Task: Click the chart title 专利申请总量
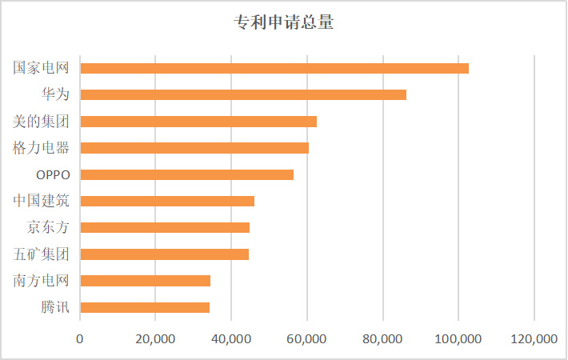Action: tap(284, 23)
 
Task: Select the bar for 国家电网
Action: tap(274, 68)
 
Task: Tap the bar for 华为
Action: tap(243, 94)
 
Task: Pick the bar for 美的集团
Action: tap(198, 122)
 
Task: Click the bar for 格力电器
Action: tap(194, 148)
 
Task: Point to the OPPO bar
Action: tap(187, 174)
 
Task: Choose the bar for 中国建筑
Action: tap(167, 201)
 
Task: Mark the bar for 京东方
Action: tap(165, 227)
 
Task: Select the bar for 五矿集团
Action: tap(165, 254)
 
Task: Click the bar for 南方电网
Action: tap(146, 280)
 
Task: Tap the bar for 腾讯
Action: tap(145, 307)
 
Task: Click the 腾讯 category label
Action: tap(55, 307)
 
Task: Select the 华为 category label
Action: tap(55, 94)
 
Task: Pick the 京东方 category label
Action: tap(48, 227)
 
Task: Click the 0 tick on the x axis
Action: tap(80, 339)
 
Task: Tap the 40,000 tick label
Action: tap(231, 339)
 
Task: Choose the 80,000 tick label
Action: tap(382, 339)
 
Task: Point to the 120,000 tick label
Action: tap(534, 339)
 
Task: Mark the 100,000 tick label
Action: tap(458, 339)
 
